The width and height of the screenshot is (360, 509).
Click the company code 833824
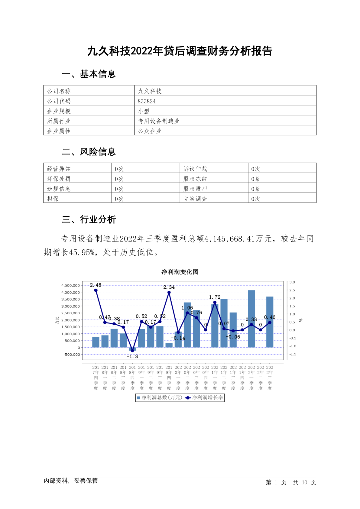click(147, 101)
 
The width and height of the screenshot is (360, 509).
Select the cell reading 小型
click(144, 111)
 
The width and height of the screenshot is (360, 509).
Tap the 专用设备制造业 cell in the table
click(159, 121)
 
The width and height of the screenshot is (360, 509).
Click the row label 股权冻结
click(195, 179)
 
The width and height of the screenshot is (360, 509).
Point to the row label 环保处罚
click(59, 179)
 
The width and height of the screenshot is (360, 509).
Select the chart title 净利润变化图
click(180, 272)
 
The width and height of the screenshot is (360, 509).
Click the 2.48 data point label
click(96, 285)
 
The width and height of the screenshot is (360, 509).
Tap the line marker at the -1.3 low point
click(132, 351)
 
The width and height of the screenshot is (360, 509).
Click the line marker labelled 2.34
click(169, 292)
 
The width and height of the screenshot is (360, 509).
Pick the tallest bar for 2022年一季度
click(251, 319)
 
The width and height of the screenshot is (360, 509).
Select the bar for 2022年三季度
click(270, 322)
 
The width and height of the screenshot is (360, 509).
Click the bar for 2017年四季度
click(96, 342)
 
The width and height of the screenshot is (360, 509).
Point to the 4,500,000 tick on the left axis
click(70, 285)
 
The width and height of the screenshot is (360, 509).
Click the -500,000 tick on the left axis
click(72, 355)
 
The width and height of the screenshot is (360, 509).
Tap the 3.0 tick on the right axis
click(292, 282)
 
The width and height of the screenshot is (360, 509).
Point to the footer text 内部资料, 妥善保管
click(71, 481)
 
